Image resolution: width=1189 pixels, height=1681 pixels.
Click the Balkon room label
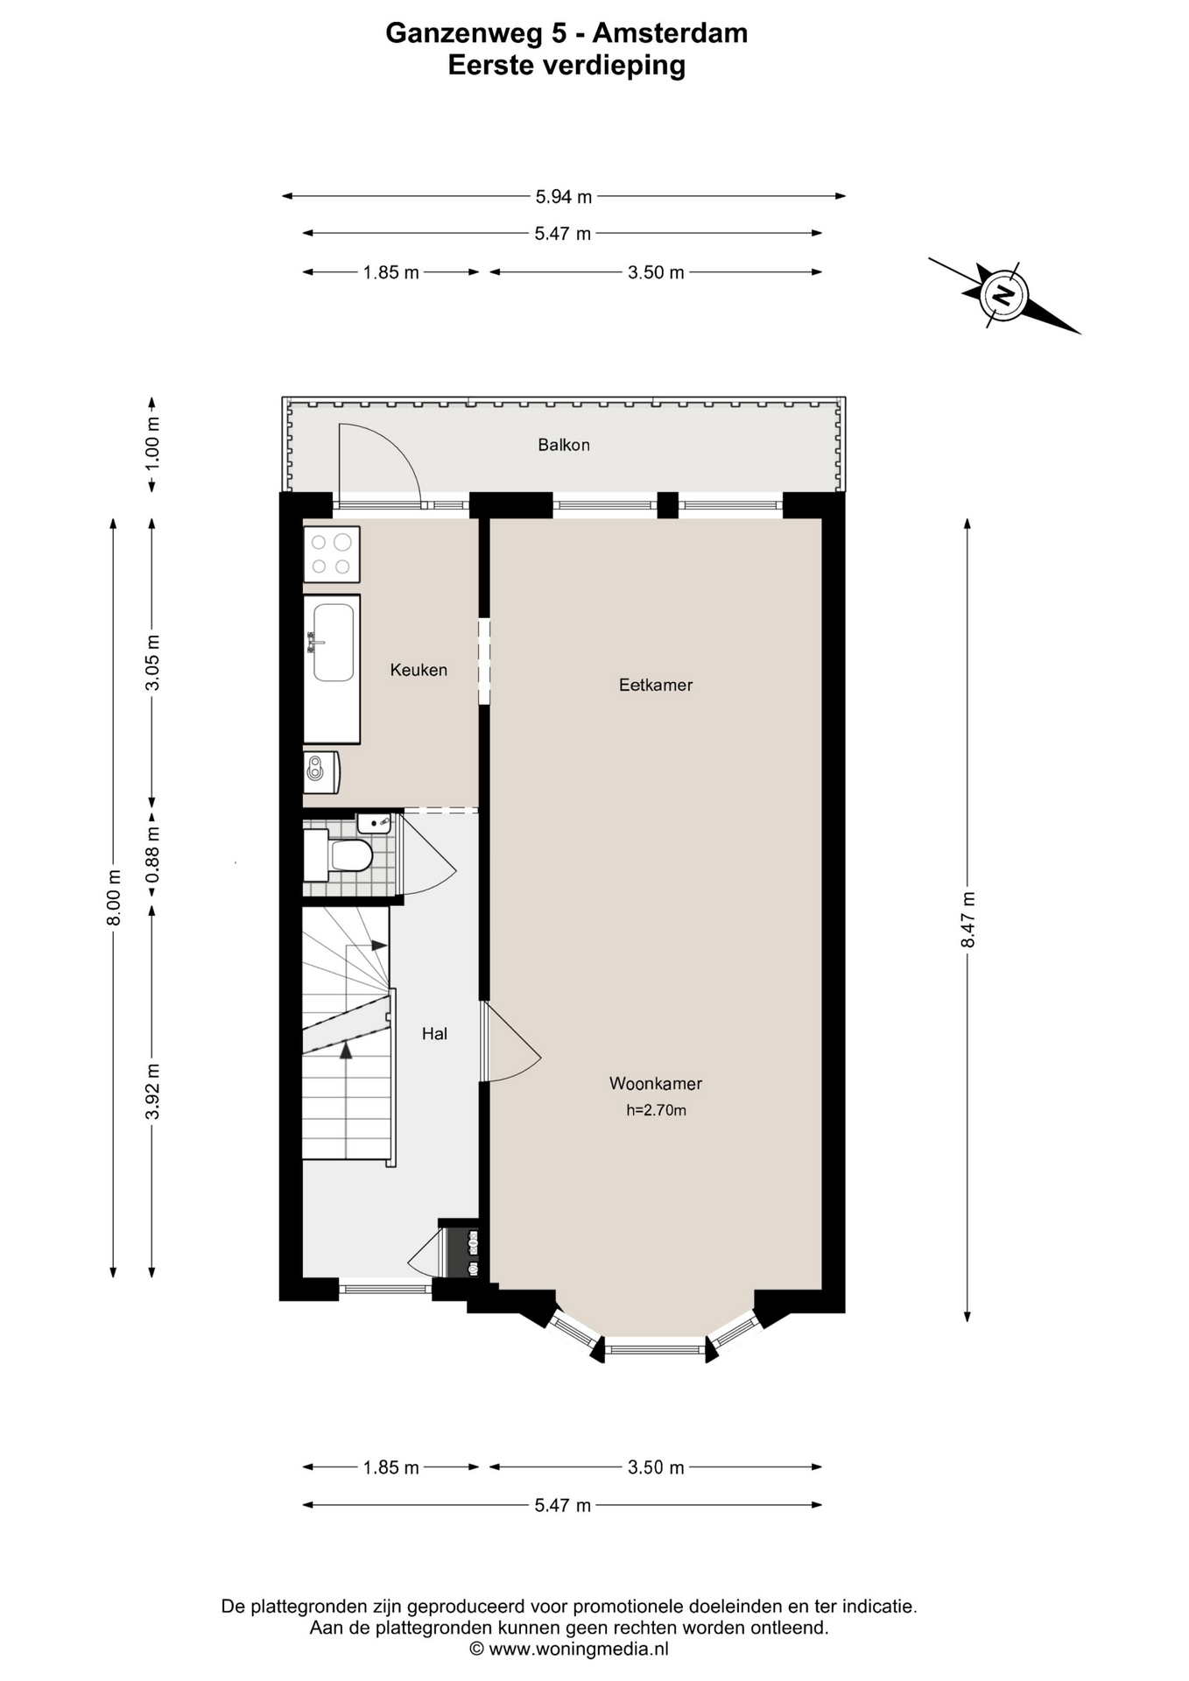pyautogui.click(x=563, y=445)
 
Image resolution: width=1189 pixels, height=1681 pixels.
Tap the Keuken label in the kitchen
pyautogui.click(x=419, y=670)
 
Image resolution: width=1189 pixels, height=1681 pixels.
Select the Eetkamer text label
pyautogui.click(x=655, y=685)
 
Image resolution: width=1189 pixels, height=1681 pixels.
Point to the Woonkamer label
pyautogui.click(x=655, y=1083)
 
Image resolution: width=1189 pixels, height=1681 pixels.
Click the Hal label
pyautogui.click(x=434, y=1033)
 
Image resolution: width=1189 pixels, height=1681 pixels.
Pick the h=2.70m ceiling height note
pyautogui.click(x=656, y=1110)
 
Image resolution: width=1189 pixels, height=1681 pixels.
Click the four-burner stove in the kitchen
pyautogui.click(x=332, y=554)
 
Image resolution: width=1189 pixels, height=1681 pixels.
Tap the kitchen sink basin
pyautogui.click(x=334, y=643)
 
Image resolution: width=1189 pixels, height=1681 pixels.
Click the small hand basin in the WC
pyautogui.click(x=374, y=823)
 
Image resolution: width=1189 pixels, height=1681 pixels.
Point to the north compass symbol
pyautogui.click(x=1004, y=295)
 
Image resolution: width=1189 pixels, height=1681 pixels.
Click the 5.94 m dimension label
pyautogui.click(x=563, y=197)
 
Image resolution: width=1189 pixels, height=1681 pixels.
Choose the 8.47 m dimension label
pyautogui.click(x=967, y=919)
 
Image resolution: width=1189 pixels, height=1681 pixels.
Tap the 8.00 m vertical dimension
pyautogui.click(x=113, y=897)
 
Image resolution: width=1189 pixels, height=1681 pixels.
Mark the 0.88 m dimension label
pyautogui.click(x=152, y=855)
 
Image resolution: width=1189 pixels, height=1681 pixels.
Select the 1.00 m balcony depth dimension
pyautogui.click(x=152, y=442)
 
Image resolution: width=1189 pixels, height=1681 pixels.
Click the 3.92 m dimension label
pyautogui.click(x=152, y=1091)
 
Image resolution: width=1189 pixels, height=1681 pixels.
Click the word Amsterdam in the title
pyautogui.click(x=670, y=33)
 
